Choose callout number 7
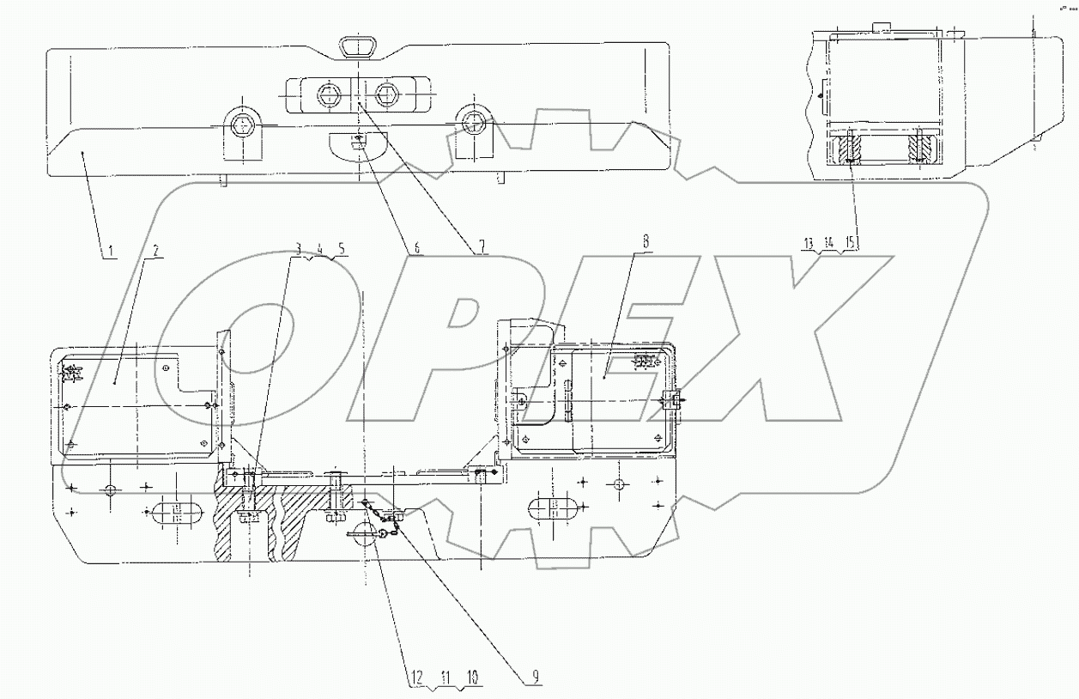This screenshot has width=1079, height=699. pos(482,247)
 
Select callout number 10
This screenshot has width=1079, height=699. pos(473,678)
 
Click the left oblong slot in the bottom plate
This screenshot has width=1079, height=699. pos(176,513)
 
